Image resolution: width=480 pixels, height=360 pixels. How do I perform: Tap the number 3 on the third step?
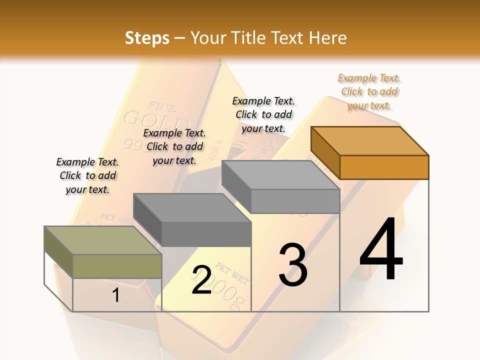coord(292,264)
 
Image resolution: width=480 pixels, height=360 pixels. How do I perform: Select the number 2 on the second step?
coord(202,280)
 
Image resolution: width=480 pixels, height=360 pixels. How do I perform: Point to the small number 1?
coord(115,295)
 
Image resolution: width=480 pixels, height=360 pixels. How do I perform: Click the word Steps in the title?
coord(147,38)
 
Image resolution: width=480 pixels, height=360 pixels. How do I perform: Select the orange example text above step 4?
coord(369,91)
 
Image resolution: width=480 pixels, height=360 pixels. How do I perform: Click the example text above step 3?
coord(263,114)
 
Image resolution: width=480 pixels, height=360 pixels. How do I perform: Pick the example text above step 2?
coord(174,146)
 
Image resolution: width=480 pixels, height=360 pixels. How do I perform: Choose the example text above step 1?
coord(87,175)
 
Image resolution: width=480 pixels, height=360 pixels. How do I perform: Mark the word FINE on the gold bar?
coord(161,106)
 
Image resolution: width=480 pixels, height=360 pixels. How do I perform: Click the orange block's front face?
coord(384,167)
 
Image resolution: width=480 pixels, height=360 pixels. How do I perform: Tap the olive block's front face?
coord(117,266)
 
